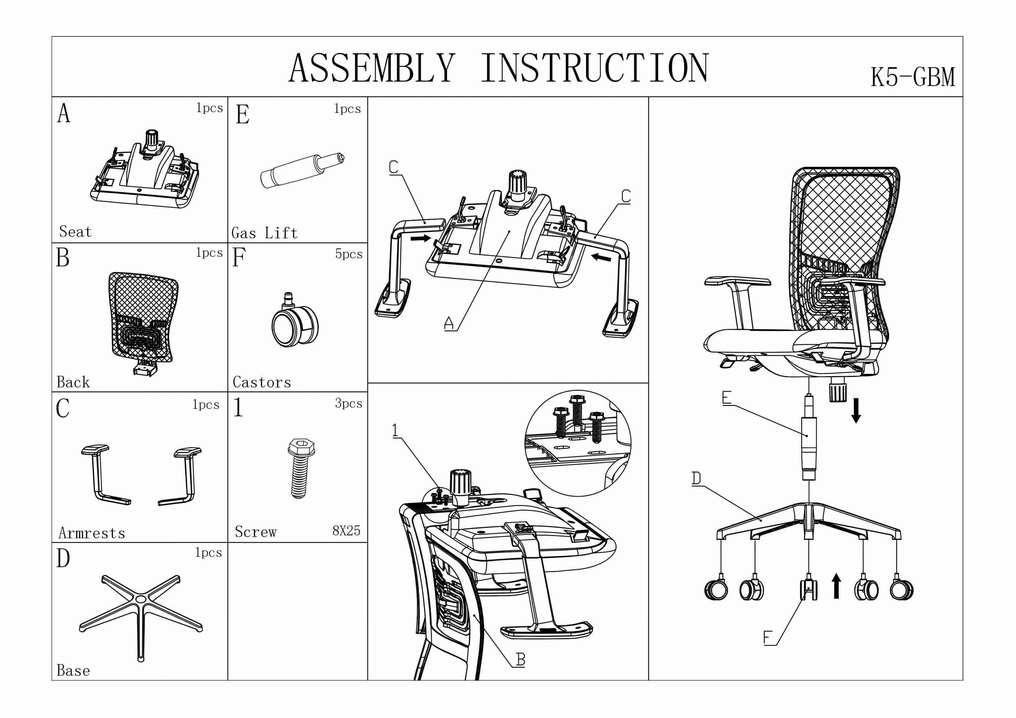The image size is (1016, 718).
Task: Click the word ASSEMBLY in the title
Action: point(372,69)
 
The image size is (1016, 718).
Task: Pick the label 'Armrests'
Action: point(91,533)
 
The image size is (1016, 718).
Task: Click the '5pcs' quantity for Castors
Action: point(348,254)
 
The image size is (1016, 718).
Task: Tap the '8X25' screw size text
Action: point(346,530)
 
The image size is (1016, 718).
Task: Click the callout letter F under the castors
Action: point(768,638)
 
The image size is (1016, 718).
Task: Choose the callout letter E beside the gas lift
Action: point(726,398)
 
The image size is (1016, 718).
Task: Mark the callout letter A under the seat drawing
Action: point(449,323)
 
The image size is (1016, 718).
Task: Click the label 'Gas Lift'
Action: point(264,233)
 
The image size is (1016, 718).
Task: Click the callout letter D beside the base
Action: point(696,478)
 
